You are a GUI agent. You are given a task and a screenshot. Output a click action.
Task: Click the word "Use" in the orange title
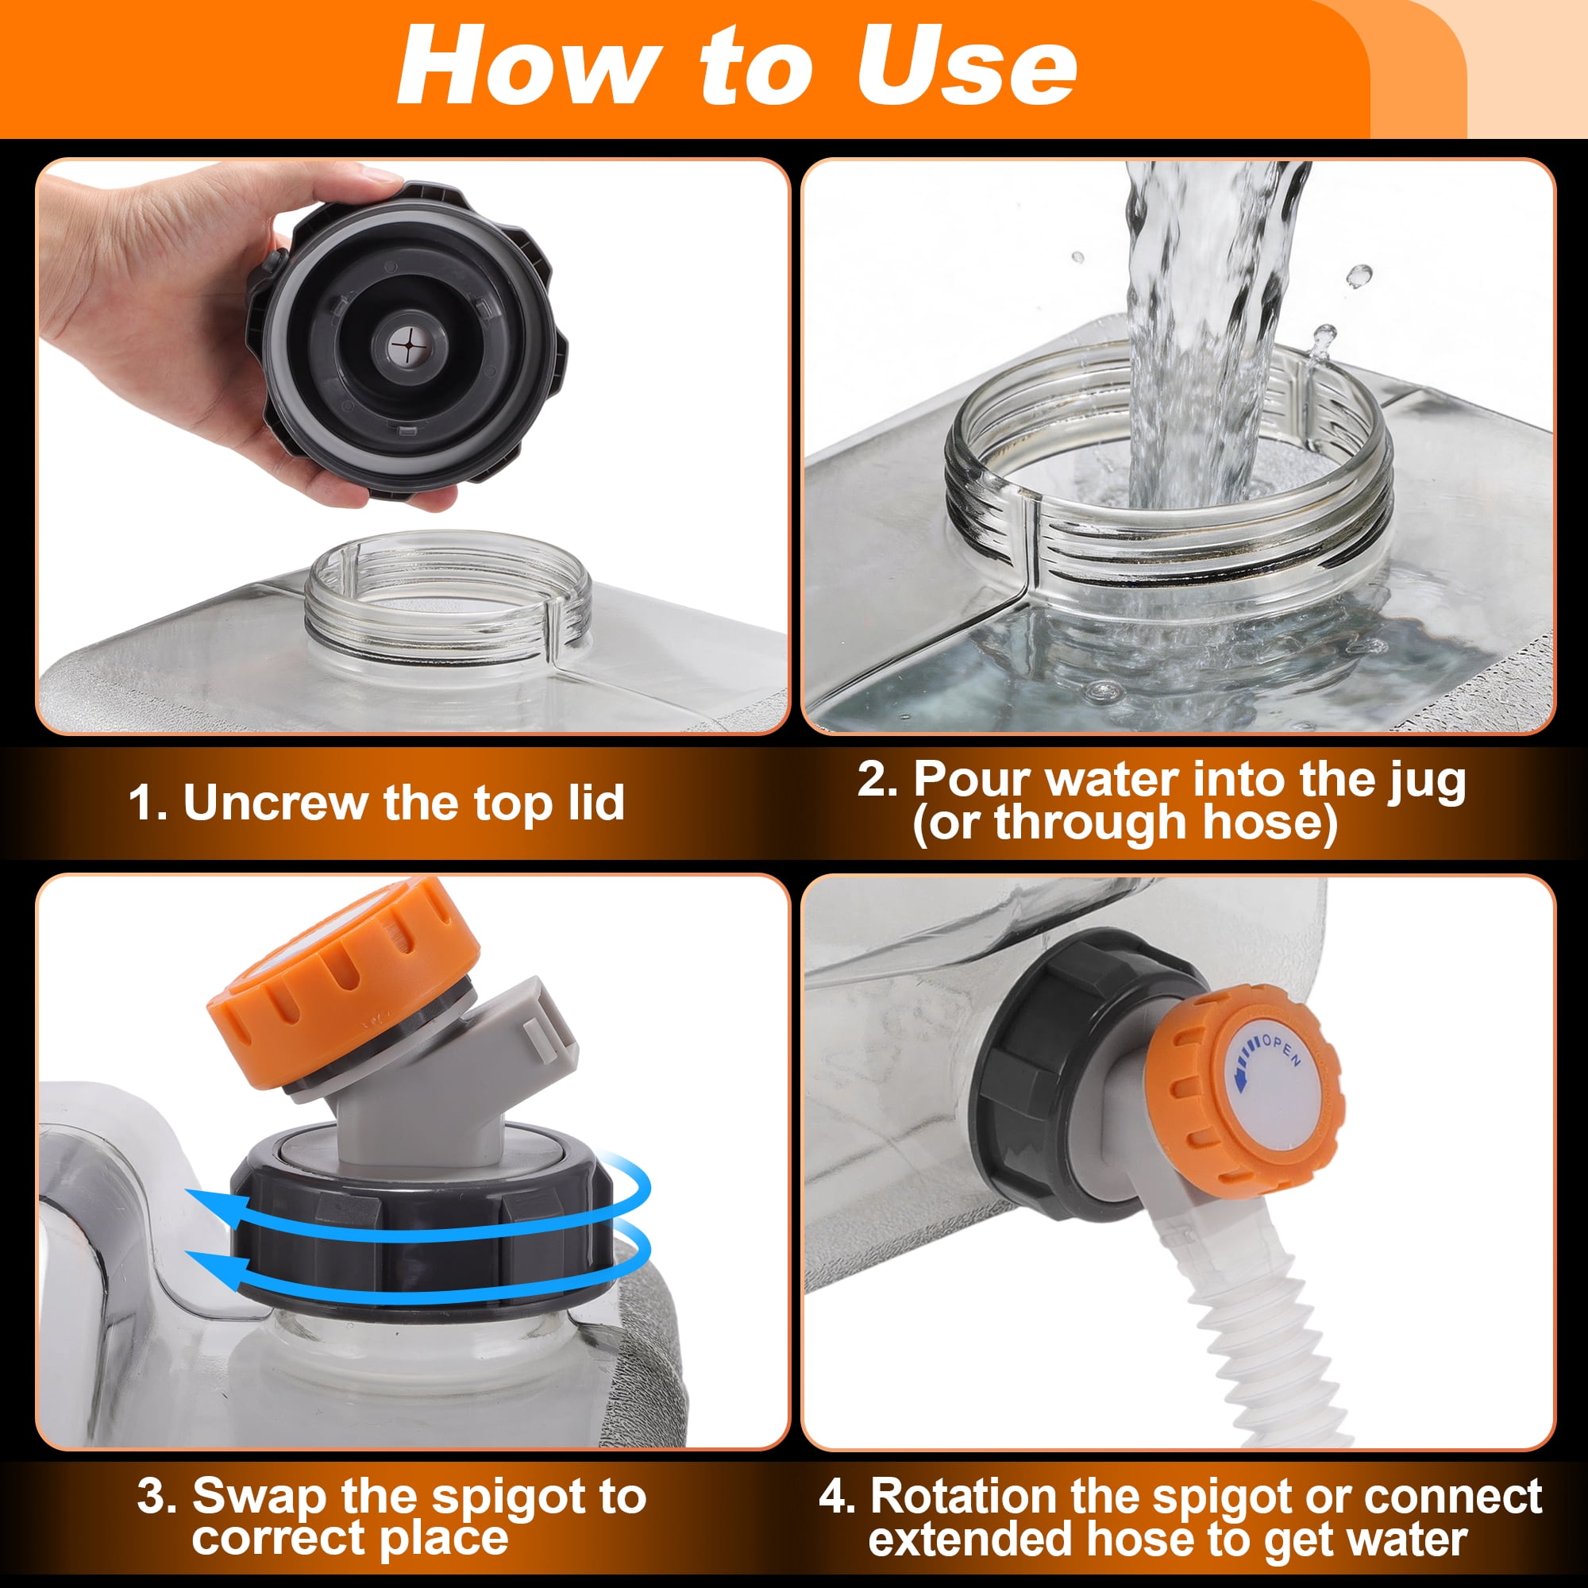966,67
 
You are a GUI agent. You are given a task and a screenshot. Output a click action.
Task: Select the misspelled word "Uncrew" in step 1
276,802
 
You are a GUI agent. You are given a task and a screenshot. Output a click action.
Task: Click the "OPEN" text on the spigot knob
1282,1051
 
